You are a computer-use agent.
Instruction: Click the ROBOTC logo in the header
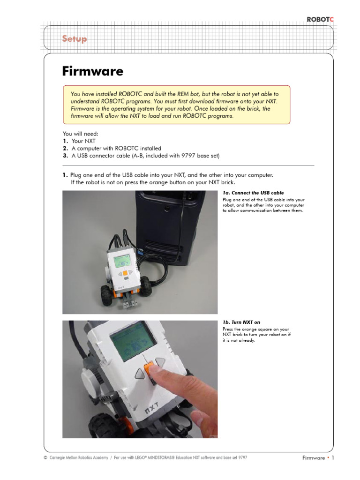point(321,19)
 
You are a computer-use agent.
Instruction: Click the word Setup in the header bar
point(75,38)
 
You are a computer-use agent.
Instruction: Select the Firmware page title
point(93,71)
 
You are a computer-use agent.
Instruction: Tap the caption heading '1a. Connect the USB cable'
point(253,193)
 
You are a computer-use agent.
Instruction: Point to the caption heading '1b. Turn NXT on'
point(241,322)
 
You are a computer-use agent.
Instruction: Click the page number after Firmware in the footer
point(333,458)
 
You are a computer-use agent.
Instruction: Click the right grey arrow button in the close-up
point(160,362)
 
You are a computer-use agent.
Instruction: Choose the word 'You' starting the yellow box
point(76,94)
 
